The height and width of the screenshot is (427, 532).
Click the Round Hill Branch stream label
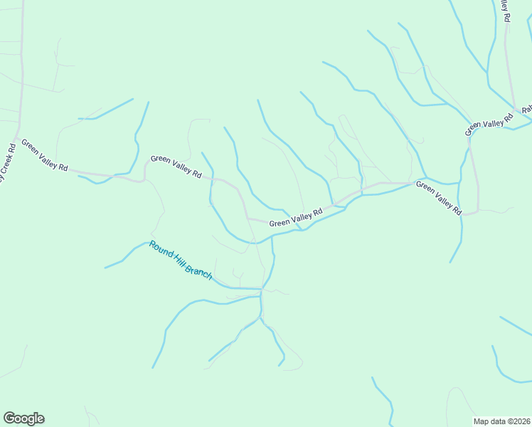[180, 260]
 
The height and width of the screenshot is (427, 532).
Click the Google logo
[23, 418]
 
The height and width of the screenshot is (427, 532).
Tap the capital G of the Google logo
[9, 418]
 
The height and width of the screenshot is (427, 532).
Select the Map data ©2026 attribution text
[502, 421]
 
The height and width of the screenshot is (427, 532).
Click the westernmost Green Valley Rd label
[44, 155]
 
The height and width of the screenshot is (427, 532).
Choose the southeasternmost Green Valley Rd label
[439, 198]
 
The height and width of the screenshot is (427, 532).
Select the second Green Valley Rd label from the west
[176, 167]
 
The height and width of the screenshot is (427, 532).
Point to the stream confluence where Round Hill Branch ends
[262, 290]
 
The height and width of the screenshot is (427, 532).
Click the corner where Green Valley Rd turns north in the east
[477, 211]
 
